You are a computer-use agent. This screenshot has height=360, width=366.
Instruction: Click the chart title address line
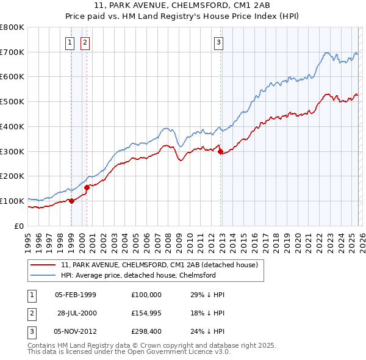click(x=182, y=4)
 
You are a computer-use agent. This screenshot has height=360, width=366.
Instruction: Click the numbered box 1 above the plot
click(x=70, y=42)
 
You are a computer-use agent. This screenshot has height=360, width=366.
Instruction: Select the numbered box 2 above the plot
click(x=85, y=42)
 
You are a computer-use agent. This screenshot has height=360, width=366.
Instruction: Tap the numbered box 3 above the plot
click(x=218, y=42)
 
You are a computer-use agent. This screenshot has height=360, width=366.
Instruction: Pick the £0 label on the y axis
click(x=20, y=226)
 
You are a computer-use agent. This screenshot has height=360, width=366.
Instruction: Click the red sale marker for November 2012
click(x=220, y=152)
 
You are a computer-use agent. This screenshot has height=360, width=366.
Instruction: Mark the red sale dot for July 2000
click(x=87, y=187)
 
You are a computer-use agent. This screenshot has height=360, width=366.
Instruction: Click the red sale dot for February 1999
click(x=71, y=201)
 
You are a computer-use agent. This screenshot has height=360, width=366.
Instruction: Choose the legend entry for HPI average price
click(x=138, y=275)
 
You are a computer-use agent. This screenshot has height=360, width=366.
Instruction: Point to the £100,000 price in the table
click(x=146, y=295)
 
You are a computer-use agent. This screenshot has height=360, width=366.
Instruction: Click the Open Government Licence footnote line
click(x=129, y=352)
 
